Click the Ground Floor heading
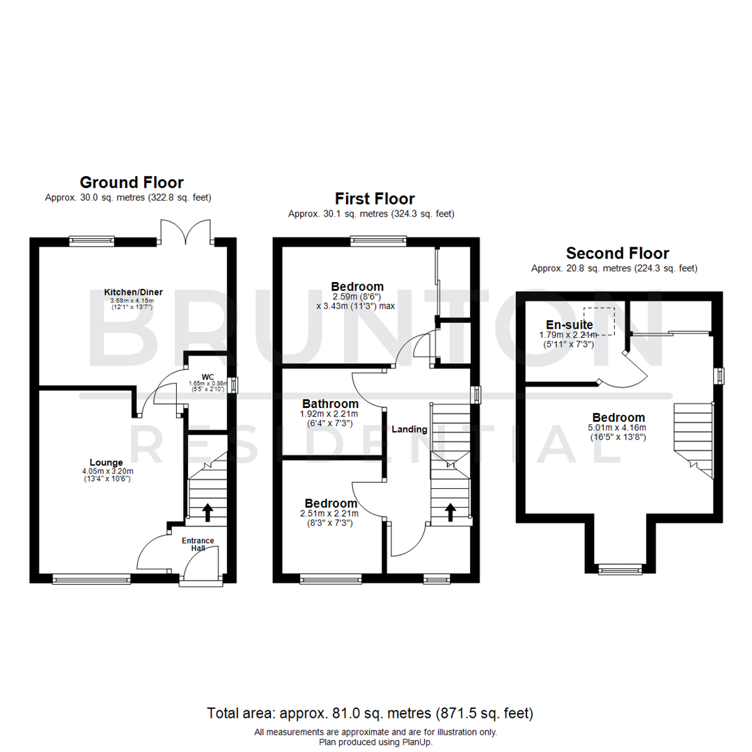click(132, 182)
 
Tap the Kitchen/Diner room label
click(134, 291)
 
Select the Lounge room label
click(106, 462)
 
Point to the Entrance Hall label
click(198, 545)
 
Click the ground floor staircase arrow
click(207, 512)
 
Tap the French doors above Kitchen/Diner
click(185, 231)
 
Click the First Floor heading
click(375, 199)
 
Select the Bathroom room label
click(330, 404)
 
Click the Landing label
click(409, 429)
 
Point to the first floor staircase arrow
click(451, 512)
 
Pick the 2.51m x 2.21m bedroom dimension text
click(330, 514)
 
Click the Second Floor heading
click(617, 253)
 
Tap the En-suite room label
click(570, 324)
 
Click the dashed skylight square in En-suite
click(600, 320)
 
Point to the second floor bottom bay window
click(620, 570)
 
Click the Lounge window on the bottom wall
click(91, 578)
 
